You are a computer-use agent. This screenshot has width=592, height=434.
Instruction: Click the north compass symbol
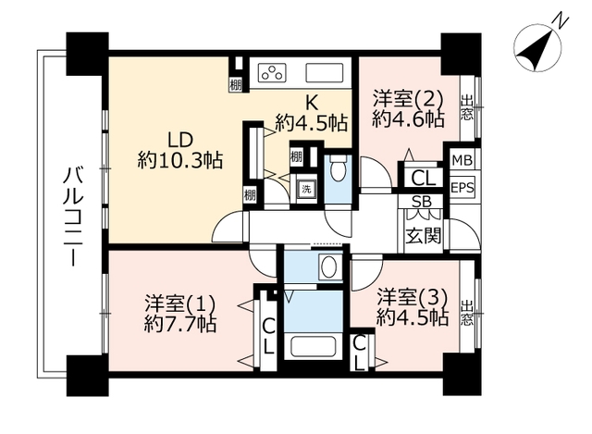pyautogui.click(x=537, y=47)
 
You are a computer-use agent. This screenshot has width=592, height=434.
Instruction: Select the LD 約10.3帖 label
pyautogui.click(x=180, y=150)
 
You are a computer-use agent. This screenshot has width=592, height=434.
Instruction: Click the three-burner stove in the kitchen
pyautogui.click(x=272, y=72)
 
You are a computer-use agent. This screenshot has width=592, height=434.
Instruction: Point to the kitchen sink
pyautogui.click(x=325, y=72)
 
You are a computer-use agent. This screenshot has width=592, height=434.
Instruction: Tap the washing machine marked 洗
pyautogui.click(x=306, y=189)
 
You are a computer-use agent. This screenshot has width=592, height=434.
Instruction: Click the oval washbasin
pyautogui.click(x=329, y=267)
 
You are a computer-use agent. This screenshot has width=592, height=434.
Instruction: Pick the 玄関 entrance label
pyautogui.click(x=424, y=236)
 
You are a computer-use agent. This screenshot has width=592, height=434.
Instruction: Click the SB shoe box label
pyautogui.click(x=422, y=202)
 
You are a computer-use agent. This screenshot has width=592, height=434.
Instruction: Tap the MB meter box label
pyautogui.click(x=462, y=160)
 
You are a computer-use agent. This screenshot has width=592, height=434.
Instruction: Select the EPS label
pyautogui.click(x=462, y=188)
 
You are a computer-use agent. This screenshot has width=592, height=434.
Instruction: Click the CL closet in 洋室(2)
pyautogui.click(x=424, y=178)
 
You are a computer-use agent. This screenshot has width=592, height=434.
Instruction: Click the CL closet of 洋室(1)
pyautogui.click(x=268, y=335)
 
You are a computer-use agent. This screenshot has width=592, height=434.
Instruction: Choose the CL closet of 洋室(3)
pyautogui.click(x=360, y=353)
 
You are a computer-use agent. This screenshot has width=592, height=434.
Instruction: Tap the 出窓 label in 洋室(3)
pyautogui.click(x=466, y=313)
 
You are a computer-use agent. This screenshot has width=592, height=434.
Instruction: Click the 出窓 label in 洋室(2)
pyautogui.click(x=466, y=107)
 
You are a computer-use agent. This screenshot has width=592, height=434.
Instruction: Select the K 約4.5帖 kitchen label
pyautogui.click(x=311, y=112)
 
